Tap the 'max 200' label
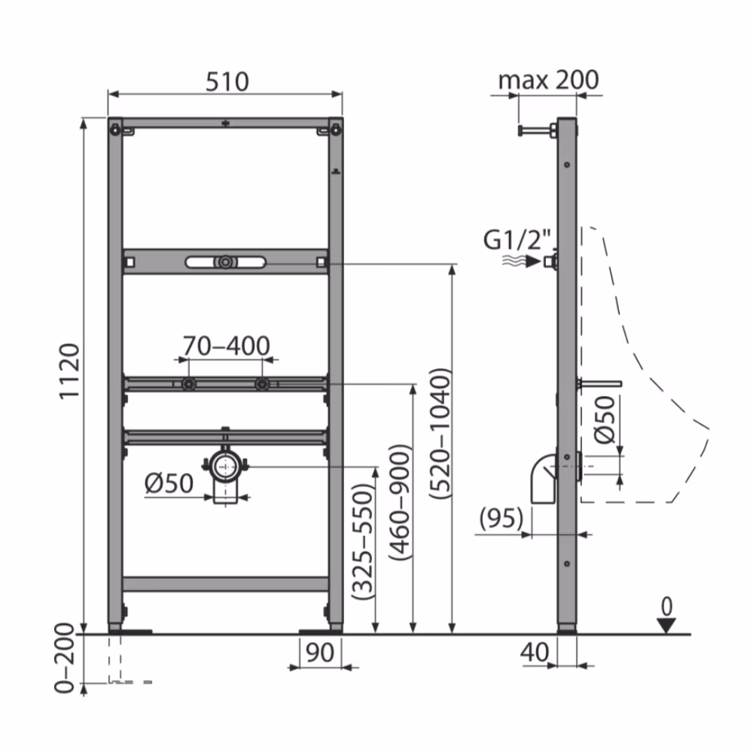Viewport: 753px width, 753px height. point(548,79)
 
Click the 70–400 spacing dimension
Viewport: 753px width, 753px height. point(226,346)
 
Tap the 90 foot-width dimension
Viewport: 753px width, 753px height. point(320,652)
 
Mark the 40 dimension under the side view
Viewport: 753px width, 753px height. point(535,652)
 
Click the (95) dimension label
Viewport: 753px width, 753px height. point(501,518)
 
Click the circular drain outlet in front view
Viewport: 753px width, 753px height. point(224,467)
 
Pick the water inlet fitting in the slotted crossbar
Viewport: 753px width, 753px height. point(224,263)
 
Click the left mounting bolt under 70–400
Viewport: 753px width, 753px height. point(188,385)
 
